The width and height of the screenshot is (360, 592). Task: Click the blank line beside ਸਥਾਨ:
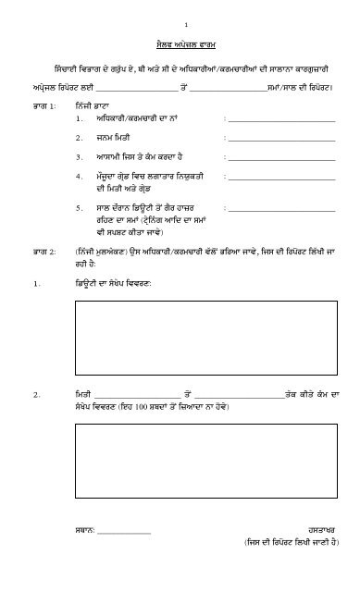click(x=122, y=533)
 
